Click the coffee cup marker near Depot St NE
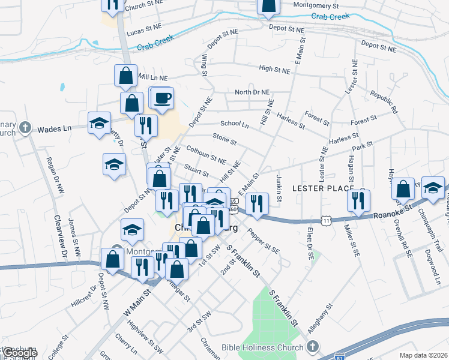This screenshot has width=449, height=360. point(161,98)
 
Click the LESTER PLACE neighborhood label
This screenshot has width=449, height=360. point(322,188)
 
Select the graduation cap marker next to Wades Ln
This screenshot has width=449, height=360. point(99,124)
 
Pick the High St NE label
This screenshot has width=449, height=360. point(274,70)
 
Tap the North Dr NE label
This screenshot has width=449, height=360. point(252,92)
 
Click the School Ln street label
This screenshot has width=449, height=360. point(234,124)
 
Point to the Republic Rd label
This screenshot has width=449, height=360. point(384,103)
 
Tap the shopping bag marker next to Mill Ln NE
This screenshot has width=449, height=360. point(126,76)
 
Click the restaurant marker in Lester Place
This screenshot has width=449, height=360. point(358,201)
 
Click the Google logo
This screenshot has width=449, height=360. point(20,353)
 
